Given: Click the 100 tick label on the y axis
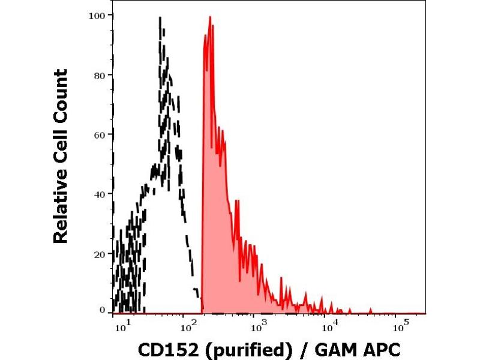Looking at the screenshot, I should [98, 16].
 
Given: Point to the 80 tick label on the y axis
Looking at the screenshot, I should [100, 75].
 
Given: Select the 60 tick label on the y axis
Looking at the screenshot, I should [100, 134].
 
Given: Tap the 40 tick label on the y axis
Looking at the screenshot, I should [100, 194].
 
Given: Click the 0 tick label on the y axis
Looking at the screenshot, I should [103, 310].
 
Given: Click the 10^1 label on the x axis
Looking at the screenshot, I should [122, 327].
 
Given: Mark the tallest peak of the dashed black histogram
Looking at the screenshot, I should [160, 18].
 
